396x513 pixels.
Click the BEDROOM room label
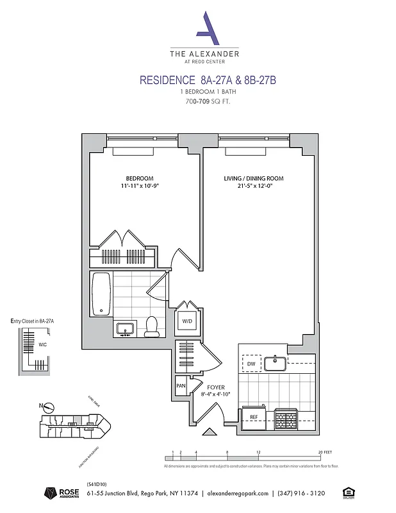[x=139, y=178]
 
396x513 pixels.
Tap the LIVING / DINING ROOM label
[x=253, y=178]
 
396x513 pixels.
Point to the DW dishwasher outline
[x=251, y=364]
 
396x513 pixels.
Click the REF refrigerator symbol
[x=254, y=417]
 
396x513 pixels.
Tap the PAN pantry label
[x=181, y=386]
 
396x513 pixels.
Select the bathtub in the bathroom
[x=102, y=294]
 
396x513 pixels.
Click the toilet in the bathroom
[x=152, y=326]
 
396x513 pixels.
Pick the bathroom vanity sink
[x=125, y=329]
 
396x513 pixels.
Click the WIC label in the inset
[x=42, y=344]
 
